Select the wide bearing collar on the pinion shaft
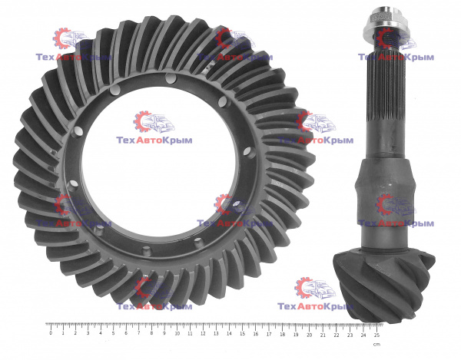pyautogui.click(x=385, y=189)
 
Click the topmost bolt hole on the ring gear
pyautogui.click(x=171, y=78)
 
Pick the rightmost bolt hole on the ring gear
pyautogui.click(x=248, y=152)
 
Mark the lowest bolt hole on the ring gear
pyautogui.click(x=146, y=251)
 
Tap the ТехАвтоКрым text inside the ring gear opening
pyautogui.click(x=154, y=140)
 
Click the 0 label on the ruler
pyautogui.click(x=51, y=333)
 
